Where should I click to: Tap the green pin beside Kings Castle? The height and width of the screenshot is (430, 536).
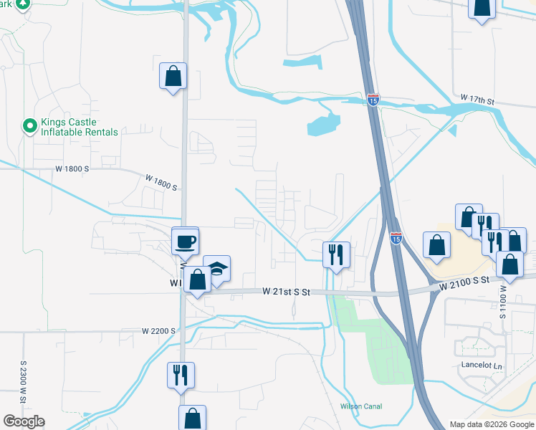coord(29,127)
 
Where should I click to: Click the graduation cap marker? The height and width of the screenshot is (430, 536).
coord(217,269)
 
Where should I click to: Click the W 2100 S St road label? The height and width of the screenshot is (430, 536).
coord(464,283)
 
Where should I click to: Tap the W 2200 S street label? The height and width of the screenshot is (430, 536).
coord(159,331)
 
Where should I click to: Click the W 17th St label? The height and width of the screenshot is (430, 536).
coord(478,98)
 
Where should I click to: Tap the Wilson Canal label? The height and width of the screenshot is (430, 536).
coord(360,406)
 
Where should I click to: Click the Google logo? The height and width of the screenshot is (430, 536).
coord(24,421)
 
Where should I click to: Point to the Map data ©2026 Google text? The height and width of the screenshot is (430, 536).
coord(492,424)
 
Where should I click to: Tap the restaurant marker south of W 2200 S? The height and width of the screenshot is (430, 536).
coord(181,375)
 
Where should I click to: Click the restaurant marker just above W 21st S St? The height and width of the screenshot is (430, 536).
coord(335,253)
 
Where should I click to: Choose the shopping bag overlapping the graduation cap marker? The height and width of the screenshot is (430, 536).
coord(197,279)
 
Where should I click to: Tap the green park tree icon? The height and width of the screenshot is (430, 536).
coord(23,4)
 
